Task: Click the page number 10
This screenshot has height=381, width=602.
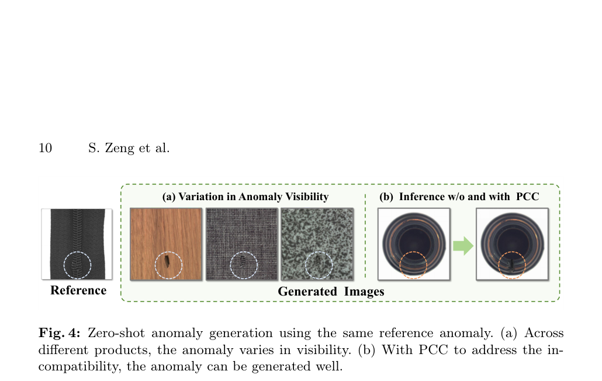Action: click(x=46, y=148)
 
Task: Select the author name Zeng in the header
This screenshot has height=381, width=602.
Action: click(x=119, y=149)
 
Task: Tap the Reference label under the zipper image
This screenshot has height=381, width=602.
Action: click(x=78, y=290)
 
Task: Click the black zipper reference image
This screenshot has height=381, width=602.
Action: click(x=77, y=243)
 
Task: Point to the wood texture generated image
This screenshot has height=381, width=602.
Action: click(x=166, y=244)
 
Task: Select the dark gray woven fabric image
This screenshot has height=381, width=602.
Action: click(x=241, y=244)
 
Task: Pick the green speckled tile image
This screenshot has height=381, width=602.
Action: click(x=317, y=244)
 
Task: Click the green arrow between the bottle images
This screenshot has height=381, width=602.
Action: click(x=463, y=246)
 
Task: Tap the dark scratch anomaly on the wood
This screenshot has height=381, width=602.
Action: click(x=168, y=261)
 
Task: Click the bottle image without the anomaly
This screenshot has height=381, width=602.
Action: click(x=414, y=244)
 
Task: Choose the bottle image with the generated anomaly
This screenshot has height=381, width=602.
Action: click(x=512, y=244)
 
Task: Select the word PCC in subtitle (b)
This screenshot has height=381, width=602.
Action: click(x=528, y=197)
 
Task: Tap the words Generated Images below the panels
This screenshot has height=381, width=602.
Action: click(x=331, y=291)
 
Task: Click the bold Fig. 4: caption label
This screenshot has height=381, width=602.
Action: click(x=60, y=333)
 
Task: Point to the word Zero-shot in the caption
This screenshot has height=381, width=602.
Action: click(x=116, y=333)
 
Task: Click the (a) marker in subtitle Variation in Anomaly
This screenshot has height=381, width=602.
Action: click(x=169, y=197)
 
